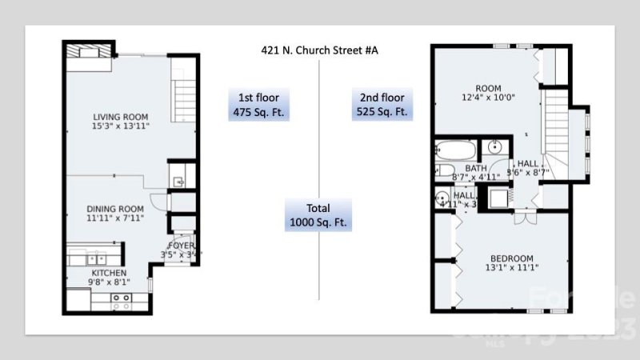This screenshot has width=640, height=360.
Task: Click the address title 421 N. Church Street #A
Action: tap(319, 50)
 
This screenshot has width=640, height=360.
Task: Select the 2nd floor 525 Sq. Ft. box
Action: tap(382, 104)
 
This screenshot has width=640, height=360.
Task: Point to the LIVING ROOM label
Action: tap(121, 117)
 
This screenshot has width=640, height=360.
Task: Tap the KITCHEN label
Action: tap(108, 273)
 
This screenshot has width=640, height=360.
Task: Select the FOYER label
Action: tap(181, 245)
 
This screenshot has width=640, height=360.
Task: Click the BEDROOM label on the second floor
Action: tap(511, 258)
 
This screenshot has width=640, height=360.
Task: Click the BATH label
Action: tap(476, 168)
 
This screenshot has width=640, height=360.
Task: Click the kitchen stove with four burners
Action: tap(121, 302)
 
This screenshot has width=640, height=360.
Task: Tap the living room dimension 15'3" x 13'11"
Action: tap(121, 126)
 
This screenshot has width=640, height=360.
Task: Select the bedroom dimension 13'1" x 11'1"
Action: tap(511, 269)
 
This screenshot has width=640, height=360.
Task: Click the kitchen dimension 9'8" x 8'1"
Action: tap(108, 282)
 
